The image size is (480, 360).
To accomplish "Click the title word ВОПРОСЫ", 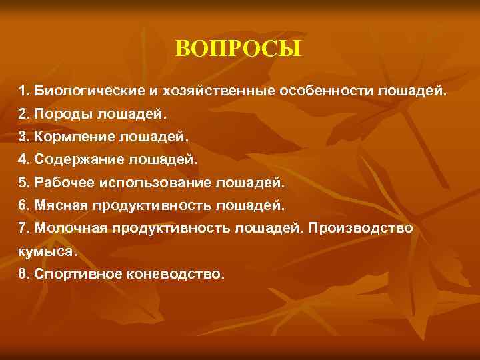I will (x=239, y=49).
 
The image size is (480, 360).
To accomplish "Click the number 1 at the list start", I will (x=23, y=90).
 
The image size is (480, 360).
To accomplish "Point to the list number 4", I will (x=23, y=159).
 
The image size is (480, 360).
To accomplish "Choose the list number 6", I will (x=23, y=205).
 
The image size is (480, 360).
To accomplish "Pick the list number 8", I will (x=23, y=274).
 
